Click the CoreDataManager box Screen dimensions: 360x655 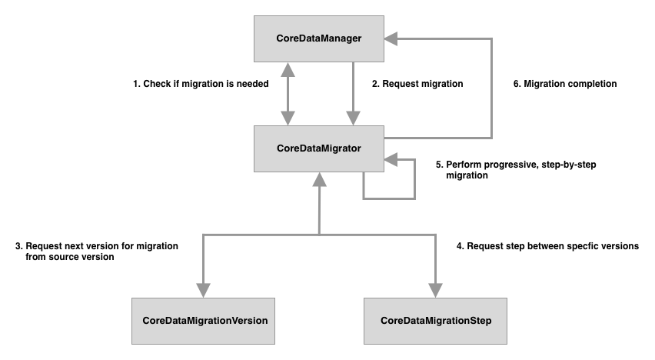point(318,38)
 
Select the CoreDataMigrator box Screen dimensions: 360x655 point(318,148)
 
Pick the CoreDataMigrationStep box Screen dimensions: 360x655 point(436,318)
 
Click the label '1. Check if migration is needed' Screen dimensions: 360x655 point(201,84)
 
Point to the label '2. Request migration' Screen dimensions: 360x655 point(417,84)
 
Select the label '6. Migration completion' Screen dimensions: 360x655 point(565,84)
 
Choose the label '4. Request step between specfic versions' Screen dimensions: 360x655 point(547,246)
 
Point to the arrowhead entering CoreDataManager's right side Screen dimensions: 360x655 point(391,35)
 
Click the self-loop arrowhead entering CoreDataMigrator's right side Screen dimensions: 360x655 point(391,160)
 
